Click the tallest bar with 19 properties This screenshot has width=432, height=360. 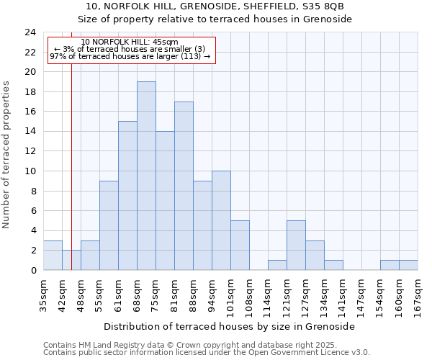click(146, 176)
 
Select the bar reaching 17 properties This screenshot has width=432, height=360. click(184, 186)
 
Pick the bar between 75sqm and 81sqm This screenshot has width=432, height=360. click(165, 201)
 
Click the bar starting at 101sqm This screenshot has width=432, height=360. click(240, 245)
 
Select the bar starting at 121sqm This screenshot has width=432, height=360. click(296, 245)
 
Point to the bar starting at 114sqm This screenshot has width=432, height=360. click(277, 265)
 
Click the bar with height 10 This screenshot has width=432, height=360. click(221, 220)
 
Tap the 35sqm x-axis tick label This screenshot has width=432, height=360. click(44, 294)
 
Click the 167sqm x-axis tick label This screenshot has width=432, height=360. click(418, 294)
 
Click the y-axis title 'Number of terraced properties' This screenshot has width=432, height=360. click(7, 154)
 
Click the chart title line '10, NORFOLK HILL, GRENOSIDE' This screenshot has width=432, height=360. click(215, 6)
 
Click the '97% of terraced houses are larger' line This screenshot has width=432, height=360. click(130, 56)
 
